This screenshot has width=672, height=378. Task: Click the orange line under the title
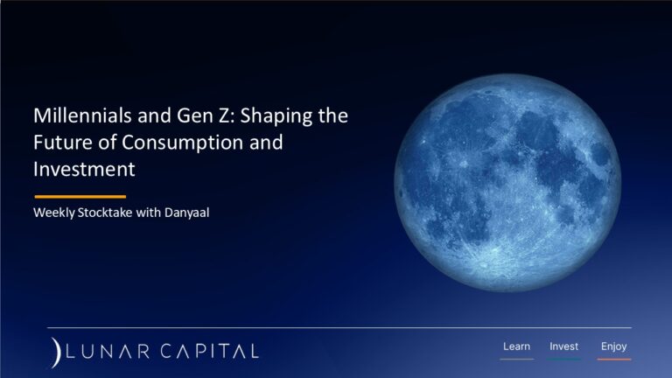[x=80, y=197]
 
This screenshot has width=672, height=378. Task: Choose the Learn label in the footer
[x=516, y=346]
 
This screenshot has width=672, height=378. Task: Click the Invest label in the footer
[x=563, y=346]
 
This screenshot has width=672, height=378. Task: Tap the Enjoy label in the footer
[x=613, y=346]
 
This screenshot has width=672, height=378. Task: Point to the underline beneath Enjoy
[x=613, y=359]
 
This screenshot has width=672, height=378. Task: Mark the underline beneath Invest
[x=563, y=359]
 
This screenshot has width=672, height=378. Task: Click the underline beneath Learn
[x=516, y=359]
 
